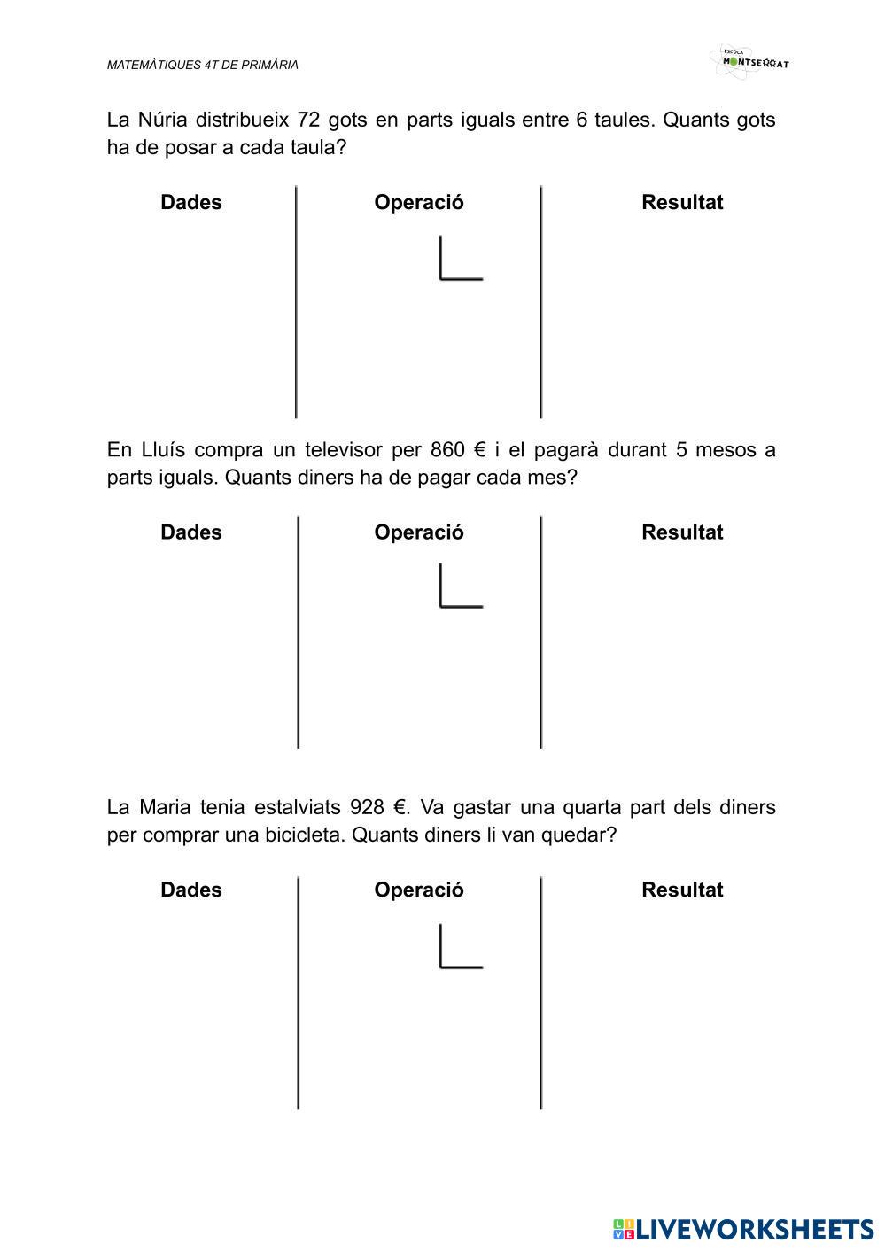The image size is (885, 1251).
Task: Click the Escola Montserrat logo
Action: tap(749, 61)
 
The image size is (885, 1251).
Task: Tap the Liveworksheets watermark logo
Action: tap(742, 1229)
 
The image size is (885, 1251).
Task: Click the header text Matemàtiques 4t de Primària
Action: tap(202, 65)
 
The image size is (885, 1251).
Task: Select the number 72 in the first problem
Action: tap(308, 120)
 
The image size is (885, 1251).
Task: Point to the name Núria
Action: tap(163, 120)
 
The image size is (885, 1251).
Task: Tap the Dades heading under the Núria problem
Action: tap(191, 202)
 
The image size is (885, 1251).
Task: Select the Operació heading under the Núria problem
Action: tap(418, 202)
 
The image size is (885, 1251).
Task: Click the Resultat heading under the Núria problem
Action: tap(682, 202)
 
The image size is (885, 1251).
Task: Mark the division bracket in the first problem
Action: tap(459, 260)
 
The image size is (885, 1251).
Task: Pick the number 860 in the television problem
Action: tap(447, 450)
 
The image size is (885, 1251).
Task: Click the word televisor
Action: tap(343, 450)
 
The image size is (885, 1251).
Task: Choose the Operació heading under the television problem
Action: tap(418, 532)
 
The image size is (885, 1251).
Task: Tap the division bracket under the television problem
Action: tap(459, 587)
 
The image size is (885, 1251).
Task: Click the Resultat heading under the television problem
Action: tap(682, 532)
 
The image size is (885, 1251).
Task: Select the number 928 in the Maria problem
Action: tap(367, 808)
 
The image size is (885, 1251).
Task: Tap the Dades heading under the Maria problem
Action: tap(191, 890)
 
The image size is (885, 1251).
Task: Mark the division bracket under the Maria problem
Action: tap(459, 947)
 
